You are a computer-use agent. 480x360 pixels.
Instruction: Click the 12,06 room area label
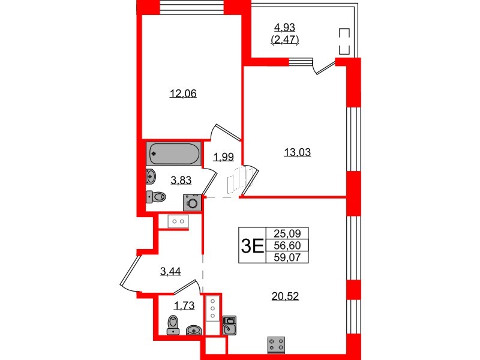click(184, 93)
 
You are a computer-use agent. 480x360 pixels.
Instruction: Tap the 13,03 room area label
click(298, 152)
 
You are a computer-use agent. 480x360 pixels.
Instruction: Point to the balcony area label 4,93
click(286, 27)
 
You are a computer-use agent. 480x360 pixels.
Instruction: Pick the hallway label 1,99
click(223, 157)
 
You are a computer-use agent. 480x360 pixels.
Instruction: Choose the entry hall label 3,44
click(170, 271)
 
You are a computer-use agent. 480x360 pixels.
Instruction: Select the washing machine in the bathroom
click(193, 202)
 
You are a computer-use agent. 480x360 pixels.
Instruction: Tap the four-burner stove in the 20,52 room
click(277, 345)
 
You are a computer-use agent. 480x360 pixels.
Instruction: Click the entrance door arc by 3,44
click(129, 270)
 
